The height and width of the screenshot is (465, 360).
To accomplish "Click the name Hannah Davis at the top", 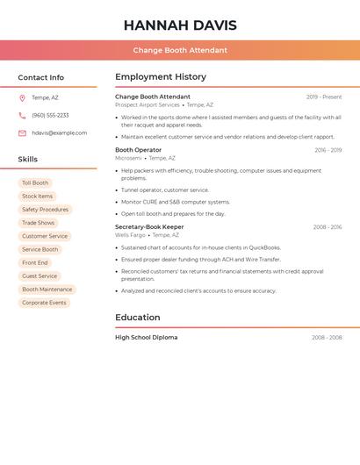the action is [x=180, y=25].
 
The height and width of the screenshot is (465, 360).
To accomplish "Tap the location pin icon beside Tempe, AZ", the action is [x=22, y=97].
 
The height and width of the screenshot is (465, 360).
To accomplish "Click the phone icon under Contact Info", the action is [x=22, y=115].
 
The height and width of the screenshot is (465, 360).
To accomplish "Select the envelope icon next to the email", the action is [x=22, y=133].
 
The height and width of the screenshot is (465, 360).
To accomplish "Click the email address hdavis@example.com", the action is [x=59, y=133].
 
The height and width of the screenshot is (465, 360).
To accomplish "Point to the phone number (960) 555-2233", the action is [x=50, y=115].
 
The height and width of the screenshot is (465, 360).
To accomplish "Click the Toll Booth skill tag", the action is [x=35, y=183].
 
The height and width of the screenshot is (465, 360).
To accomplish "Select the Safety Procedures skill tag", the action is [x=45, y=210].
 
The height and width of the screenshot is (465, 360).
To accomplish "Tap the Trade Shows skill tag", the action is [x=38, y=223].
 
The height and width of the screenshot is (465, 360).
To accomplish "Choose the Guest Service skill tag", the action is [x=40, y=276].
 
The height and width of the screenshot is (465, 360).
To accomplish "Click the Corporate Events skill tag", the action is [x=44, y=303].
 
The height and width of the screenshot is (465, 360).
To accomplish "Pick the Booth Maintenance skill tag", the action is [x=47, y=290].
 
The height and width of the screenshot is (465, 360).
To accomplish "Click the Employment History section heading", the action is [x=161, y=77].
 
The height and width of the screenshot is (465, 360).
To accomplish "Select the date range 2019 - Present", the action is [x=324, y=97].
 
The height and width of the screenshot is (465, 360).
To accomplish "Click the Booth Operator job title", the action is [x=138, y=150].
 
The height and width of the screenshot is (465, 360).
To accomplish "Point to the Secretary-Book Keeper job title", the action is [x=149, y=227].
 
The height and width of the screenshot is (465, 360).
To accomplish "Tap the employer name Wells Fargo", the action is [x=130, y=235].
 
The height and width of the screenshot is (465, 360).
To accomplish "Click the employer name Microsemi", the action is [x=128, y=158].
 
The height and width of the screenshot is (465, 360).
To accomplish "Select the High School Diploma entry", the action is [x=146, y=338].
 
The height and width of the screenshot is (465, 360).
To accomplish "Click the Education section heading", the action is [x=138, y=318].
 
